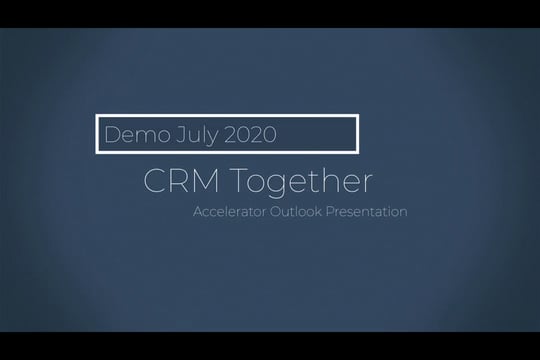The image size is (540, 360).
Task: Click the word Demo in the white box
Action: pyautogui.click(x=128, y=133)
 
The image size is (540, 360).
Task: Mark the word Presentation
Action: pyautogui.click(x=372, y=212)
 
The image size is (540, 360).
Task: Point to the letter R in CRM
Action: pyautogui.click(x=182, y=182)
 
